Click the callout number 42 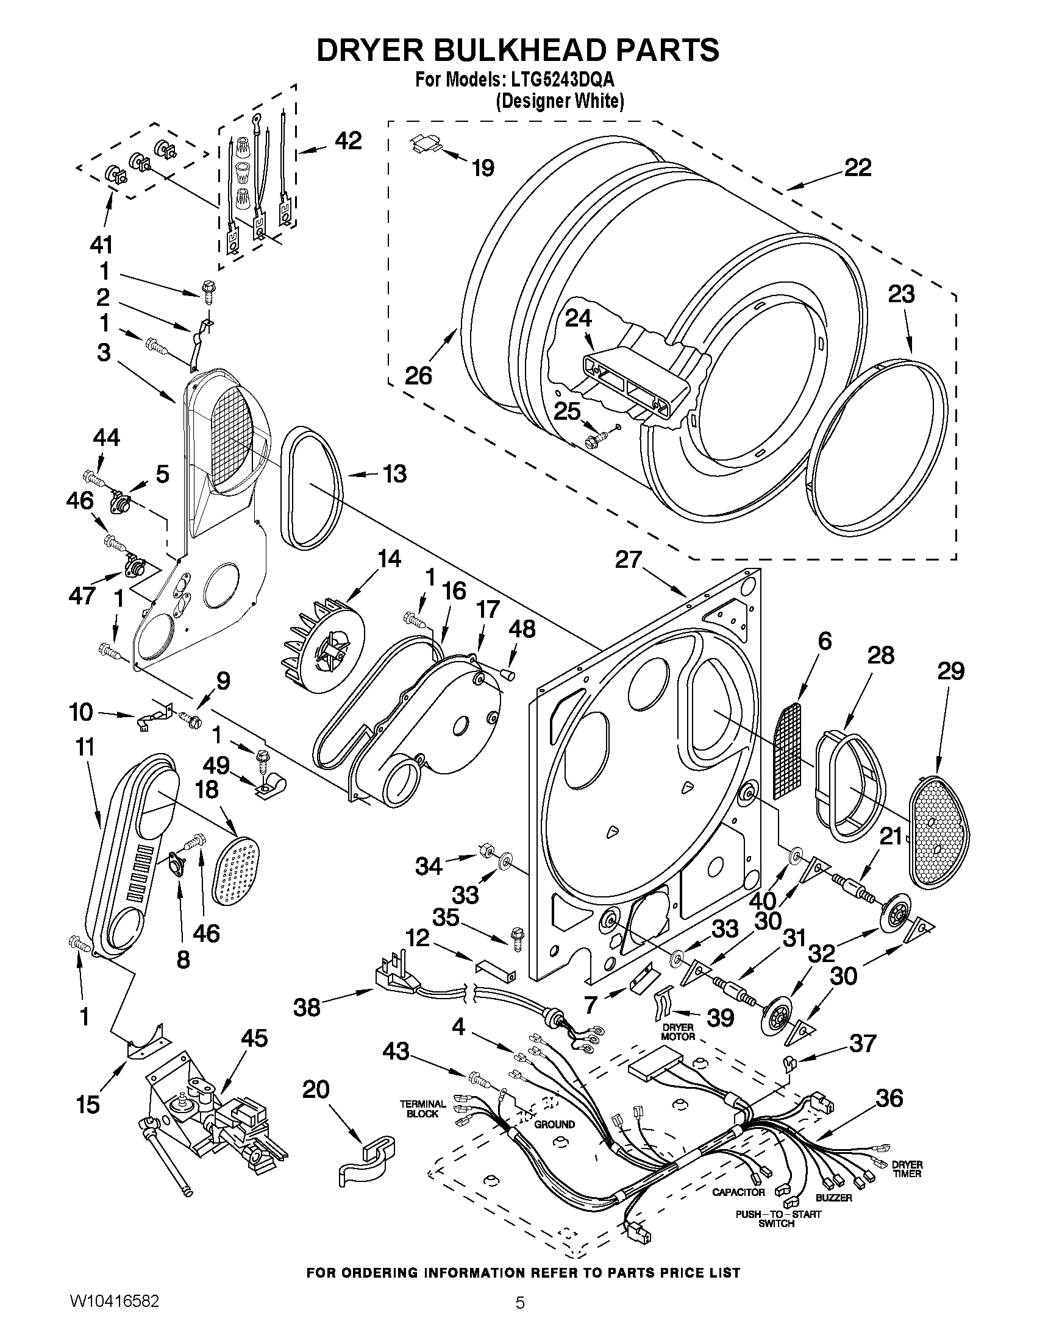[347, 141]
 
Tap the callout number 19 [483, 168]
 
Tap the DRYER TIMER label [907, 1169]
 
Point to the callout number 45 [254, 1038]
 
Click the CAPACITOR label [738, 1192]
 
